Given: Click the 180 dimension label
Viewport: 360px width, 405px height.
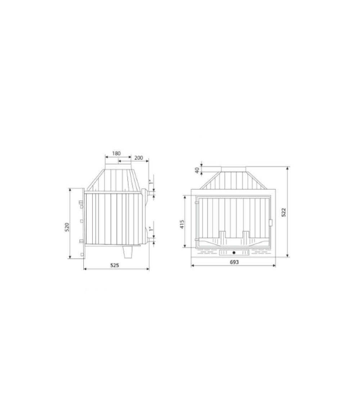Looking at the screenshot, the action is [x=116, y=153].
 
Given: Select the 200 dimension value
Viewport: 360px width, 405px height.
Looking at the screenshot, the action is [x=139, y=158].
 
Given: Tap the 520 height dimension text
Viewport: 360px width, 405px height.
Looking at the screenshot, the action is [x=67, y=227].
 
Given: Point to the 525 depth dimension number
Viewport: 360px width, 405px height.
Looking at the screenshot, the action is [x=115, y=265].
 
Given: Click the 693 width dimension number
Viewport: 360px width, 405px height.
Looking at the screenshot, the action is [x=234, y=262].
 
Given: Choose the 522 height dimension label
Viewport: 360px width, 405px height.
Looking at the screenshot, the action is [x=284, y=212].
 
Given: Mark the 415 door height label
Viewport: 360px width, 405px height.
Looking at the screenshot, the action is [x=182, y=224].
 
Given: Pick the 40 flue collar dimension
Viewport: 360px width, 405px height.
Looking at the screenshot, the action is [x=197, y=170].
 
